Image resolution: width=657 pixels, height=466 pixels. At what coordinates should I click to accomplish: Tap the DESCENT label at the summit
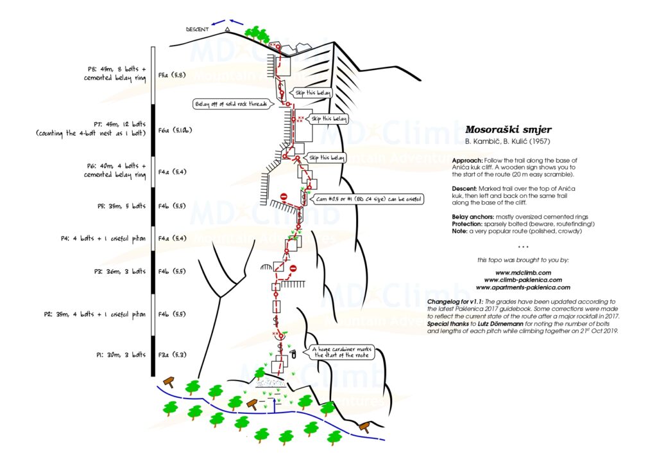click(x=198, y=30)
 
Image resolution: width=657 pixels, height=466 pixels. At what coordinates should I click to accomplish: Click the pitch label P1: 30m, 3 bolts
click(x=121, y=354)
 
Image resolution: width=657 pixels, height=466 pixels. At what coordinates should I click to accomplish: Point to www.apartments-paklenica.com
click(x=523, y=287)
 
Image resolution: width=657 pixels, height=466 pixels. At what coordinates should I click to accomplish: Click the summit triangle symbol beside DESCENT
click(x=227, y=29)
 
